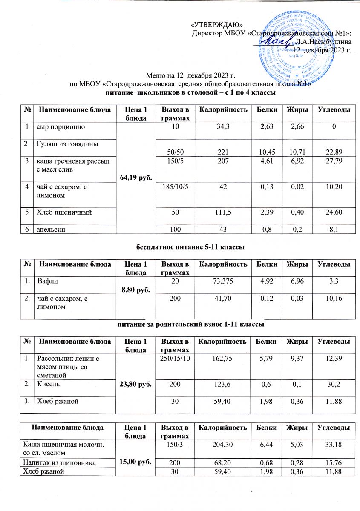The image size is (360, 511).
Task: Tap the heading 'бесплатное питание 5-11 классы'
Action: tap(179, 247)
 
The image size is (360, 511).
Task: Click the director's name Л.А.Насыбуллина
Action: tap(323, 42)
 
